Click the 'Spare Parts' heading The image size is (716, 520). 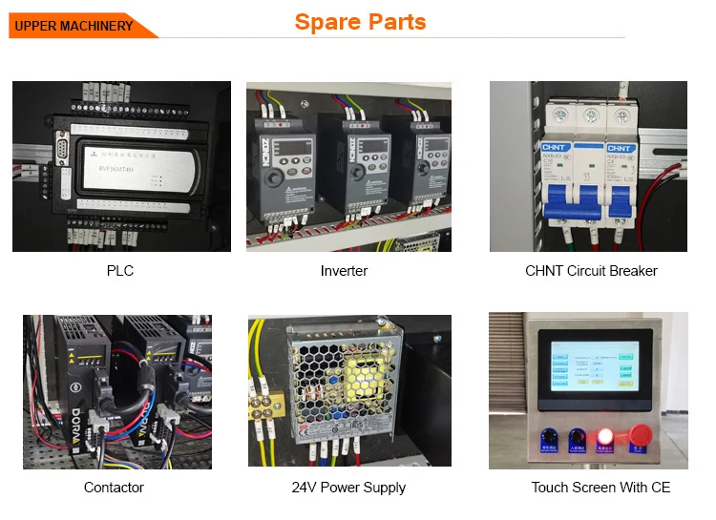360,22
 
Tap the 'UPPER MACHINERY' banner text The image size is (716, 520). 74,26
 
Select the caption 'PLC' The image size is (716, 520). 120,271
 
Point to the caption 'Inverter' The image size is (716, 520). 344,271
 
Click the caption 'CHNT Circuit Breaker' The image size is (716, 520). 591,271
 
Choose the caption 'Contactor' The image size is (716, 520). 114,488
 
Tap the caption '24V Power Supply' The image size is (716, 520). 348,488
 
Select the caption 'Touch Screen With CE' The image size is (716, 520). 600,488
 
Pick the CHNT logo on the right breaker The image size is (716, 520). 620,148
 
